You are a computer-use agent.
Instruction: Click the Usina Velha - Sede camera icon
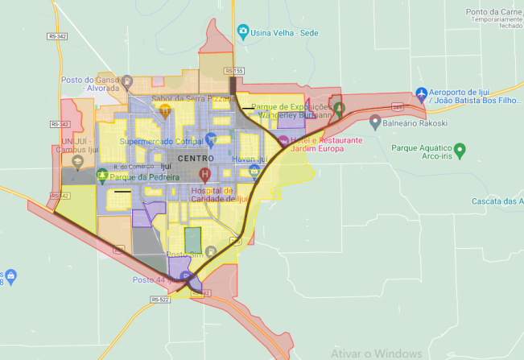243,32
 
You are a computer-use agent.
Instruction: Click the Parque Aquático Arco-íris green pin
460,149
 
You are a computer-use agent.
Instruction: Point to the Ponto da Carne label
493,12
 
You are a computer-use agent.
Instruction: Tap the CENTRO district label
195,159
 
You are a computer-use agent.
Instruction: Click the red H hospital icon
204,173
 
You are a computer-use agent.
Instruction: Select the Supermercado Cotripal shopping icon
210,140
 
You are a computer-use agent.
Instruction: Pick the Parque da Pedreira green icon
102,175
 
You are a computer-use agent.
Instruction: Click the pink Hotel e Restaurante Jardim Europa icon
283,142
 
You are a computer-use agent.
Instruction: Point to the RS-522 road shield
159,300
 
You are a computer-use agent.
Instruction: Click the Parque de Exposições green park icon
339,108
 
